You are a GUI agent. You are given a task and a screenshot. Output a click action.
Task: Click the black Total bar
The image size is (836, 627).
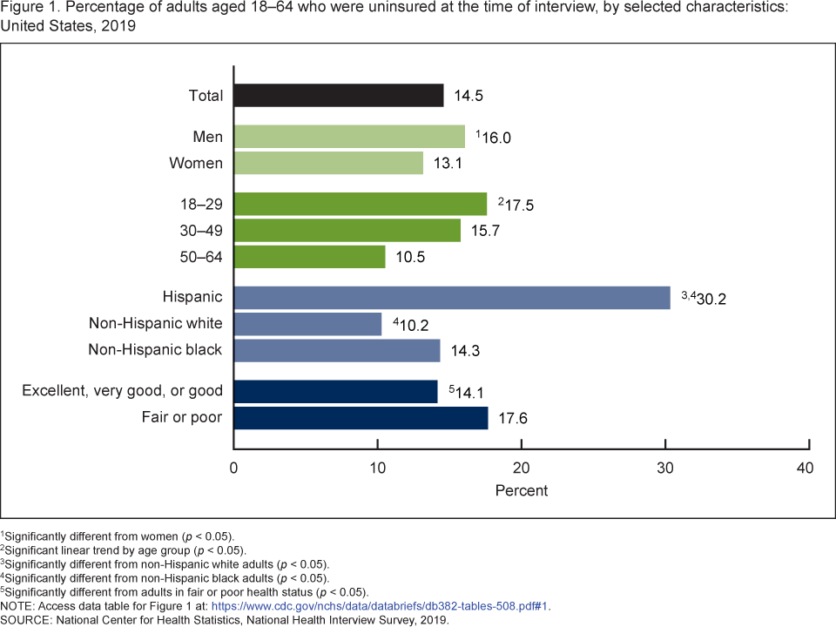click(339, 95)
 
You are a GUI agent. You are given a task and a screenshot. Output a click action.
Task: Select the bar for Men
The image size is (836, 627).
click(350, 137)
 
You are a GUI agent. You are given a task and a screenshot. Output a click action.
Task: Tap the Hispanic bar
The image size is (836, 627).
click(452, 298)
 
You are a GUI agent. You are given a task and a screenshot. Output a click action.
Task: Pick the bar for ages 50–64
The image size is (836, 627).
click(310, 257)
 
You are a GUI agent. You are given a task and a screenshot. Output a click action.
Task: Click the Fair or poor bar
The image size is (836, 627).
click(361, 418)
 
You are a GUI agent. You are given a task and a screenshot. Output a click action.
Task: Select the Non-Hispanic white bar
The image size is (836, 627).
click(308, 324)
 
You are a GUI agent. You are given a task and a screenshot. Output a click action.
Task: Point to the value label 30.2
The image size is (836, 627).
click(711, 299)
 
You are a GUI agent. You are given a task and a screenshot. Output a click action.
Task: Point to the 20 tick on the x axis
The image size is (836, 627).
click(522, 469)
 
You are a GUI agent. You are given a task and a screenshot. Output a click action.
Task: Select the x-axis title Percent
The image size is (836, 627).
click(522, 490)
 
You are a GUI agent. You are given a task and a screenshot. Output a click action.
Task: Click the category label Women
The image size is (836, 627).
click(197, 163)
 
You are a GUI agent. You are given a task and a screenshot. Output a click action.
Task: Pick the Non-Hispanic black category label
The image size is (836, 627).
click(156, 350)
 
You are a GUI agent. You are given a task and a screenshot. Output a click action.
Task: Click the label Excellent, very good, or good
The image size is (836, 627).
click(123, 391)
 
